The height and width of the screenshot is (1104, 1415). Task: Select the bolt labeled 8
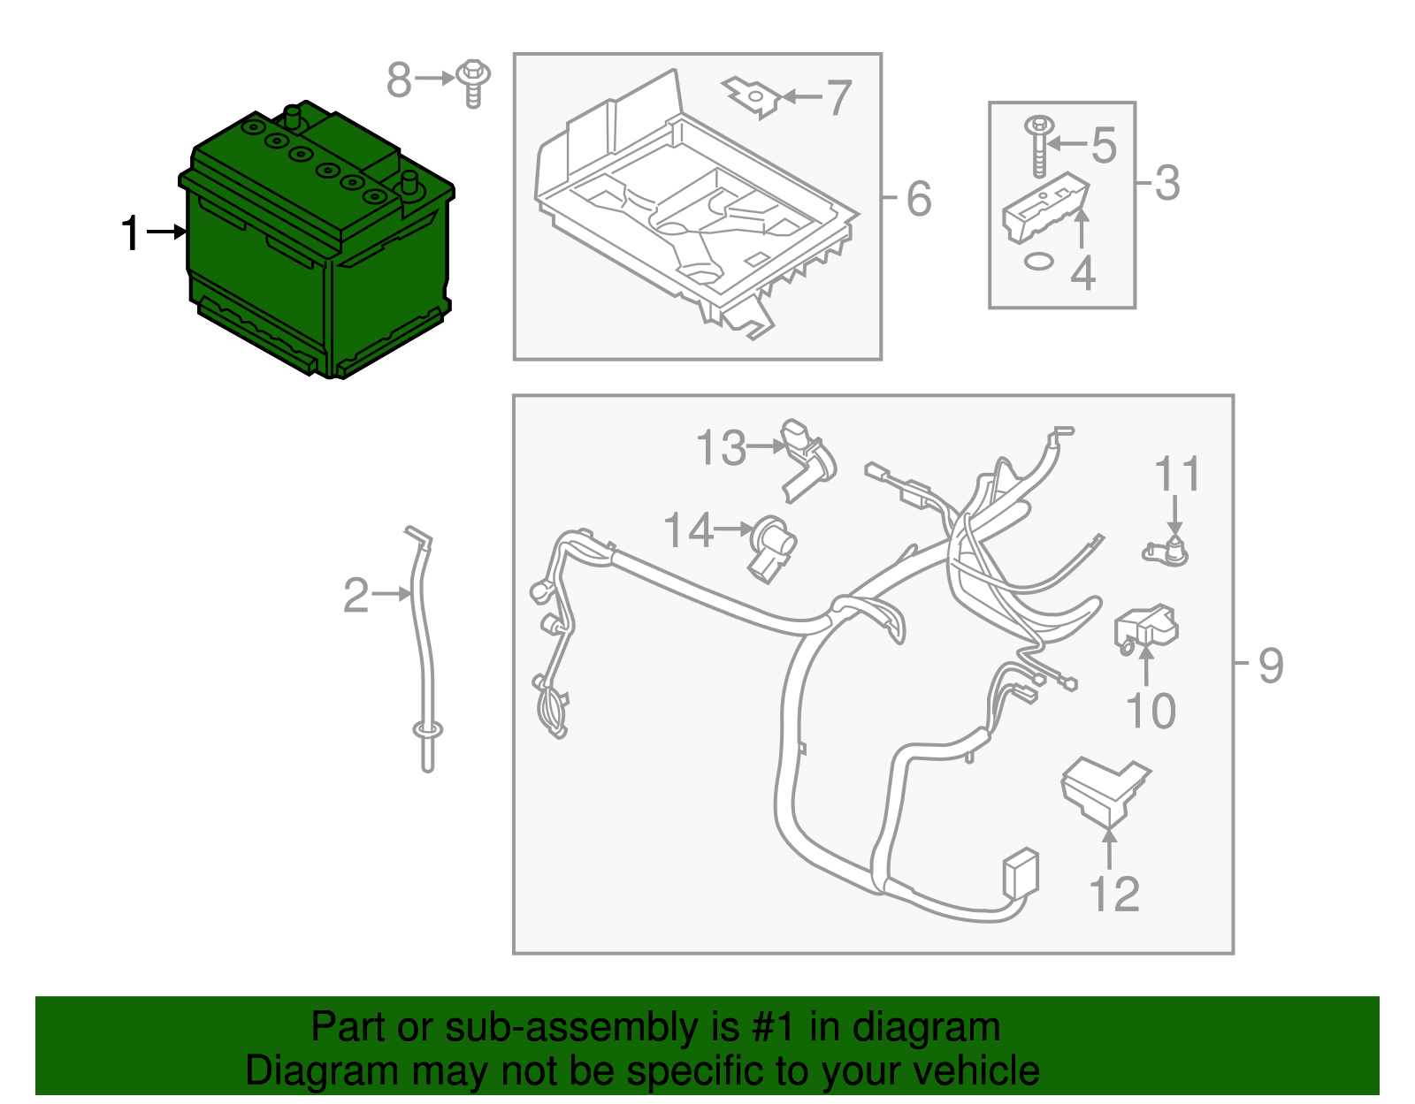pos(473,84)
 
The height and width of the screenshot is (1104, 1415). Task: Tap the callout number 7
pos(838,97)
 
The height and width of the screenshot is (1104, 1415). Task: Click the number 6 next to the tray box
pos(919,198)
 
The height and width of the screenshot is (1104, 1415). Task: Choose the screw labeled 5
pos(1038,147)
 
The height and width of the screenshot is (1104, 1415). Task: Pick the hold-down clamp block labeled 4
pos(1045,208)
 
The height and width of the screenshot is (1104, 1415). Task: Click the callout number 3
pos(1166,183)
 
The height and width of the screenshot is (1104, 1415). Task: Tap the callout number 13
pos(721,447)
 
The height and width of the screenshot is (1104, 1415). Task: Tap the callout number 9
pos(1271,665)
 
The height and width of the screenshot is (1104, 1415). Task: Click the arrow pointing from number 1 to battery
pos(167,232)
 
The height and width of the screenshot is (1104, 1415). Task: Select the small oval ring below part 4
pos(1038,262)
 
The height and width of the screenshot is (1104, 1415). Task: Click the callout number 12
pos(1115,894)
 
